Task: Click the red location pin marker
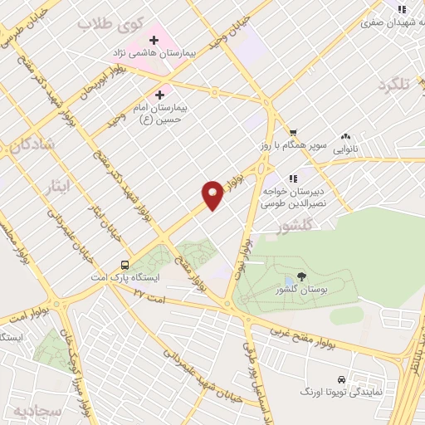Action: (x=212, y=194)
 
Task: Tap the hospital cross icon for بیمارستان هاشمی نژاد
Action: (x=154, y=38)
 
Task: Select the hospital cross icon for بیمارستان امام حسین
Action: (x=159, y=95)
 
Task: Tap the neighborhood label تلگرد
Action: (x=393, y=85)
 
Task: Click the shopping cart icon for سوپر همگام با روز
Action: (x=292, y=133)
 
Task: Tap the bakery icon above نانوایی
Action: (x=345, y=136)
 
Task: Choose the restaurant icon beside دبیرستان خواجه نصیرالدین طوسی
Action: (x=292, y=178)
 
